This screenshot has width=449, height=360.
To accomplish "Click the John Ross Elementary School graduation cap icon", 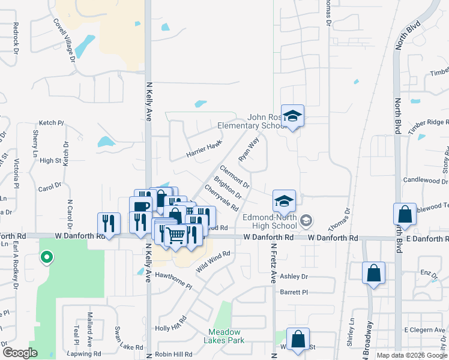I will point(292,116).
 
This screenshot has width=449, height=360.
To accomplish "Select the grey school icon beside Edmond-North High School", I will point(306,221).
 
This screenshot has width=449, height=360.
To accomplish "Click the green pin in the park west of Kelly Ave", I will point(46,258).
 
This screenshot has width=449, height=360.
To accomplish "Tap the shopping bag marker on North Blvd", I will point(405,215).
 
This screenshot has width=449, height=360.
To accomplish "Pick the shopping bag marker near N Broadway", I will point(373,274).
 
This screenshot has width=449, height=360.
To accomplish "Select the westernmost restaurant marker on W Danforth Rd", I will point(109,223).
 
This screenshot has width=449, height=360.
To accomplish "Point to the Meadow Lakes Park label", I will point(224,336).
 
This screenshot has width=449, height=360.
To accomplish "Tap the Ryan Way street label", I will point(248,149).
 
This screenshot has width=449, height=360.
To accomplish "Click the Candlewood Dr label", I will point(426,180).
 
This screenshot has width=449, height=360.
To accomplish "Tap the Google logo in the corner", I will point(20,353).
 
